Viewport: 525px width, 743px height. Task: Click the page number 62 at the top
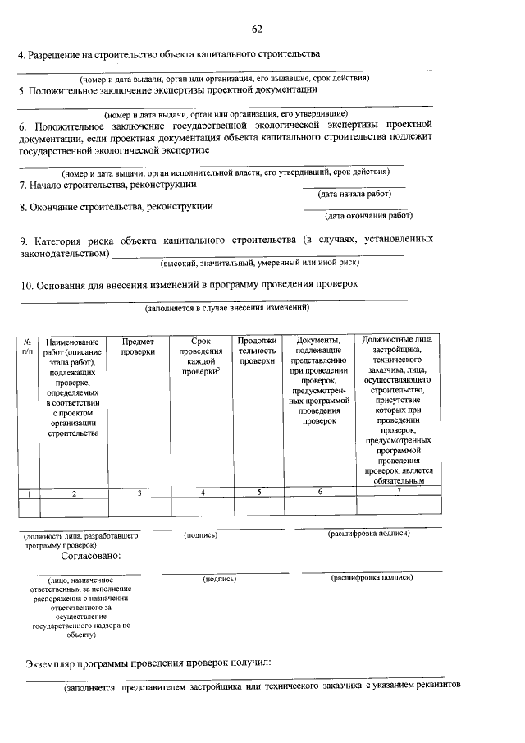[257, 30]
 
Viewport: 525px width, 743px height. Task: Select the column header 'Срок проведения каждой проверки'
[201, 355]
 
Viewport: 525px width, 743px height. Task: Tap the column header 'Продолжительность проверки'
[258, 351]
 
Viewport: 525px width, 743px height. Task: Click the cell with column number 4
[201, 493]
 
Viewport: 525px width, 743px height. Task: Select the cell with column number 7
[399, 492]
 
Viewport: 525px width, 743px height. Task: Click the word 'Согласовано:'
[91, 556]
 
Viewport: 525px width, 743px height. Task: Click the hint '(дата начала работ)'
[354, 195]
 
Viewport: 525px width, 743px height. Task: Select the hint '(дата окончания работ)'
[368, 216]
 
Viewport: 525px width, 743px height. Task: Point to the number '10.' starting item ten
[26, 284]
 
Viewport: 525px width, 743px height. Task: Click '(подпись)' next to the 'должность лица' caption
[201, 535]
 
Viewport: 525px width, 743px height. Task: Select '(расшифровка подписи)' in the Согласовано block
[371, 578]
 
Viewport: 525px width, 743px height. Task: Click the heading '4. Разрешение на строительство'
[168, 54]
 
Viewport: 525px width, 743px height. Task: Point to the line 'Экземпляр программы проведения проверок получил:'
[148, 662]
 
